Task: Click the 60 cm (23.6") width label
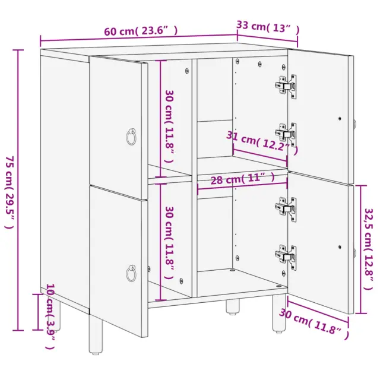click(141, 31)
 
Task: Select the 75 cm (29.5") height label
click(9, 192)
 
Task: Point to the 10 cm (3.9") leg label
click(50, 316)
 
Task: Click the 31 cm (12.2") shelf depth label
click(262, 143)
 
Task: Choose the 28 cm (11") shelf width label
click(243, 179)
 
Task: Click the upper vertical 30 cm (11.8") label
click(169, 126)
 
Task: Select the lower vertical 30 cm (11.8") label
click(169, 243)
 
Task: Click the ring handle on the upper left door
click(131, 137)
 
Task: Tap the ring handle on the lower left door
click(131, 273)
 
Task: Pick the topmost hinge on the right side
click(286, 86)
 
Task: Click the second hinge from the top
click(286, 135)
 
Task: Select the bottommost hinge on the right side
click(286, 257)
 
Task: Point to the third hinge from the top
click(286, 209)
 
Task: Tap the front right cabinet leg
click(279, 313)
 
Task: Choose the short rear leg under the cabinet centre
click(232, 306)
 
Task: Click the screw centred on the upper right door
click(340, 119)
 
